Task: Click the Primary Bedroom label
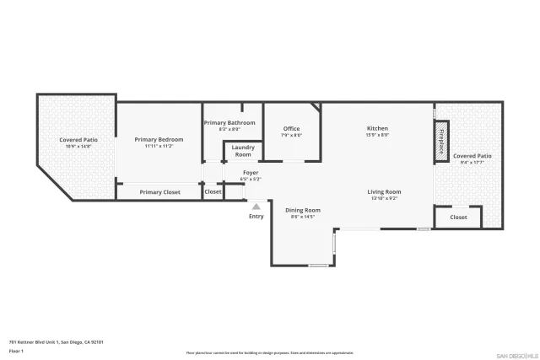[x=159, y=139]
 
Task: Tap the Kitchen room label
[x=377, y=128]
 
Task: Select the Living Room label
[x=384, y=192]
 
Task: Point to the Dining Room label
[x=302, y=210]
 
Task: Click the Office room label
[x=291, y=129]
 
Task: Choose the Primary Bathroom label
[x=229, y=123]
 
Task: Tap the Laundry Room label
[x=243, y=151]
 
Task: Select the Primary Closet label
[x=159, y=192]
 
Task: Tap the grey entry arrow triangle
[x=256, y=206]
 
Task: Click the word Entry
[x=256, y=217]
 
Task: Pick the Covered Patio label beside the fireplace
[x=472, y=156]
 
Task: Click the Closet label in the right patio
[x=458, y=218]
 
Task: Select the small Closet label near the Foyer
[x=213, y=192]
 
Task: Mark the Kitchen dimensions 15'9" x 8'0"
[x=377, y=135]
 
